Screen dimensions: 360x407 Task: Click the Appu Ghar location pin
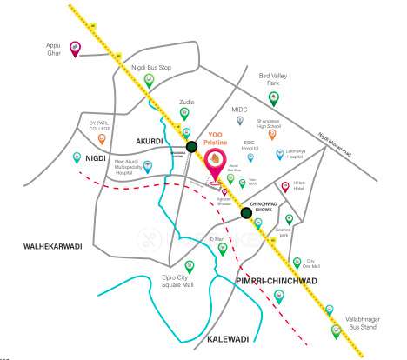coord(75,49)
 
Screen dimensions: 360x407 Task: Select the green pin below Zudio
coord(185,114)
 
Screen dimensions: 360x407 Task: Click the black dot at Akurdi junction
coord(191,147)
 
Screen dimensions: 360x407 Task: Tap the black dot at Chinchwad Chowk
coord(247,211)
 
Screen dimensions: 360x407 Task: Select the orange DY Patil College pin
coord(103,137)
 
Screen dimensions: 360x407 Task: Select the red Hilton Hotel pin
coord(287,187)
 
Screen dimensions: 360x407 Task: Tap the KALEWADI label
coord(229,337)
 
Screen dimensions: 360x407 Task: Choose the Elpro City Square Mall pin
coord(190,266)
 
